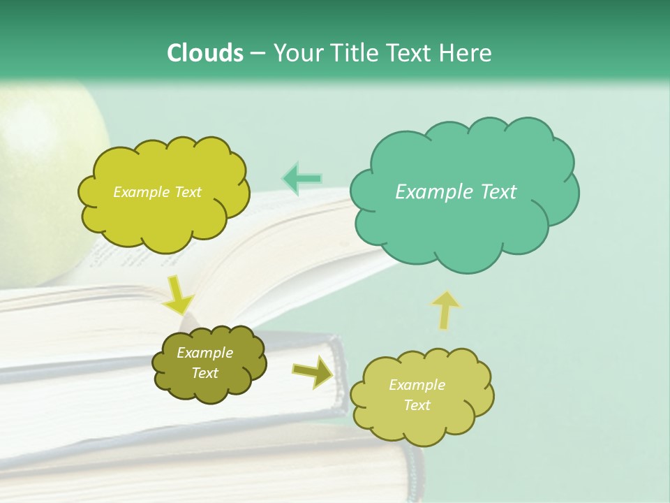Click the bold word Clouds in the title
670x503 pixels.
tap(205, 53)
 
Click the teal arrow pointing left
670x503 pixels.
tap(302, 179)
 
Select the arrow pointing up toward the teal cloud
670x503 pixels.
tap(445, 309)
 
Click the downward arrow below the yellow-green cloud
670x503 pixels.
tap(179, 294)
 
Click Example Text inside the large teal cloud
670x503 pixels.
tap(456, 192)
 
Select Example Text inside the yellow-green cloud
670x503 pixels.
tap(157, 192)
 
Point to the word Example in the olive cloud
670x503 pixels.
tap(204, 353)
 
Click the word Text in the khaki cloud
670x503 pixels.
tap(417, 405)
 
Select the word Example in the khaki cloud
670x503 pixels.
tap(417, 385)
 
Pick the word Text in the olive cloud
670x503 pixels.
tap(204, 373)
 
